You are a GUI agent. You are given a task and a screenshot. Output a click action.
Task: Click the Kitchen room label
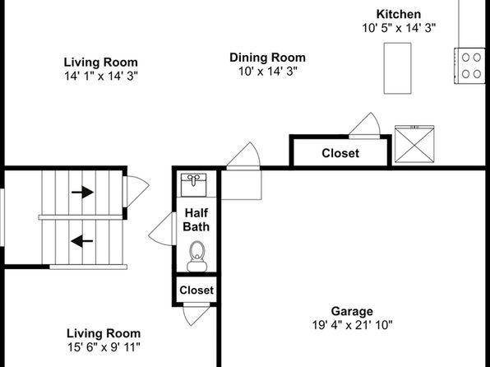[x=399, y=14]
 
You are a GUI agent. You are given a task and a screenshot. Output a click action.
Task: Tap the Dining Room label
[x=267, y=58]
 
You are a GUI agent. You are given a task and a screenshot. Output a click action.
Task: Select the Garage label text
[x=352, y=311]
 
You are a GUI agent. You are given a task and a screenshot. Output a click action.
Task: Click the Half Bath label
[x=196, y=220]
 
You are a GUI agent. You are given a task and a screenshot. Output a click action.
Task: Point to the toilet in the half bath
[x=196, y=256]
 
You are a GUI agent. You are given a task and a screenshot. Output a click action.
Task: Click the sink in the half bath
[x=194, y=185]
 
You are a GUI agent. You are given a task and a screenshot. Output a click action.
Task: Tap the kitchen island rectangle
[x=397, y=68]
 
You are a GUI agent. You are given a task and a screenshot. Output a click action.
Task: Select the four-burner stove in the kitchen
[x=469, y=66]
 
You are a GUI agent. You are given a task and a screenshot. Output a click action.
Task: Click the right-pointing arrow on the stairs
[x=82, y=192]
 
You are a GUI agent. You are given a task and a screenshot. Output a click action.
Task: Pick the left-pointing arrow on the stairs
[x=82, y=241]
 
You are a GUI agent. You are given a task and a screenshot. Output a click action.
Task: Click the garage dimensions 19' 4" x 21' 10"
[x=352, y=325]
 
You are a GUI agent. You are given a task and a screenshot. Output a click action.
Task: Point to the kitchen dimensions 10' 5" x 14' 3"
[x=399, y=28]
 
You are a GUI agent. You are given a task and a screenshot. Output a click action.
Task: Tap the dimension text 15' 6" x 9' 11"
[x=104, y=347]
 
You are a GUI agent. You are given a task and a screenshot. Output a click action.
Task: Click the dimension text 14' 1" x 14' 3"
[x=101, y=76]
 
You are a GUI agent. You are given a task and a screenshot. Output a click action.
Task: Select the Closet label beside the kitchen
[x=340, y=153]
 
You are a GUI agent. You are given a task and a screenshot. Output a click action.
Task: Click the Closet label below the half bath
[x=196, y=290]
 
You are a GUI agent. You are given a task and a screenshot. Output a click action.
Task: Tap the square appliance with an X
[x=414, y=144]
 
